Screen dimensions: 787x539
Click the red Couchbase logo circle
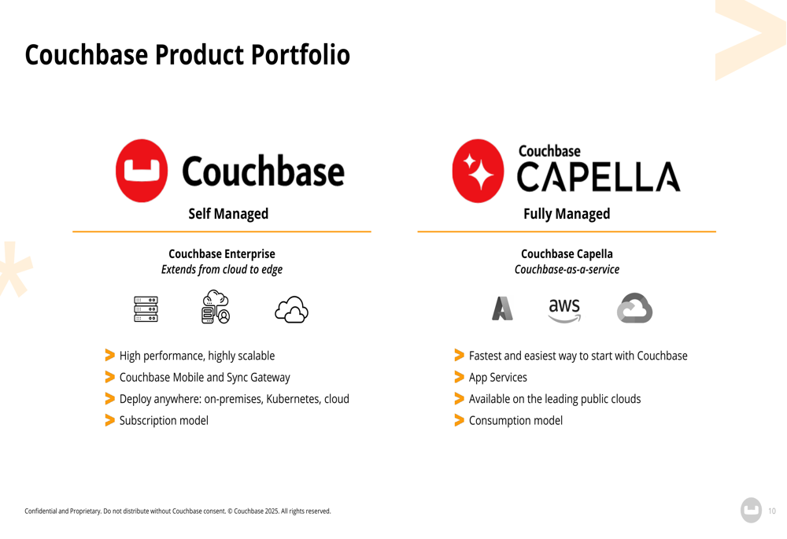pyautogui.click(x=142, y=171)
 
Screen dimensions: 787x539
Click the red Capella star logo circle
pyautogui.click(x=478, y=171)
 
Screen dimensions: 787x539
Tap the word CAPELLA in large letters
pyautogui.click(x=599, y=177)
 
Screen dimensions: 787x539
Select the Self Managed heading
pyautogui.click(x=228, y=214)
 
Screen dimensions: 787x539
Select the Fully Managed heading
pyautogui.click(x=567, y=214)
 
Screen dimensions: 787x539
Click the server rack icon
pyautogui.click(x=146, y=309)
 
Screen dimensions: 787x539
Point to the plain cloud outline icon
pyautogui.click(x=292, y=310)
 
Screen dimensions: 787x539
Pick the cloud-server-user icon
pyautogui.click(x=216, y=307)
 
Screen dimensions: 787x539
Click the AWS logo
pyautogui.click(x=564, y=310)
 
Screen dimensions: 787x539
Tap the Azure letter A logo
pyautogui.click(x=502, y=308)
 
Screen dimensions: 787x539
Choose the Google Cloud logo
pyautogui.click(x=635, y=308)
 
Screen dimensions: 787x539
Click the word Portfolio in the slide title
pyautogui.click(x=300, y=55)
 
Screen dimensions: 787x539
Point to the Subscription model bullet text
pyautogui.click(x=164, y=420)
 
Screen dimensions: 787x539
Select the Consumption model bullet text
pyautogui.click(x=515, y=420)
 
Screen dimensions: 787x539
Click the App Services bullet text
pyautogui.click(x=498, y=378)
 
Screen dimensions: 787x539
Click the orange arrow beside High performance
pyautogui.click(x=109, y=356)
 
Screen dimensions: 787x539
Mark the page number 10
pyautogui.click(x=772, y=511)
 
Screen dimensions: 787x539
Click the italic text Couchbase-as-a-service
pyautogui.click(x=567, y=269)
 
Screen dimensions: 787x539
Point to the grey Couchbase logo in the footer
pyautogui.click(x=752, y=511)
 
